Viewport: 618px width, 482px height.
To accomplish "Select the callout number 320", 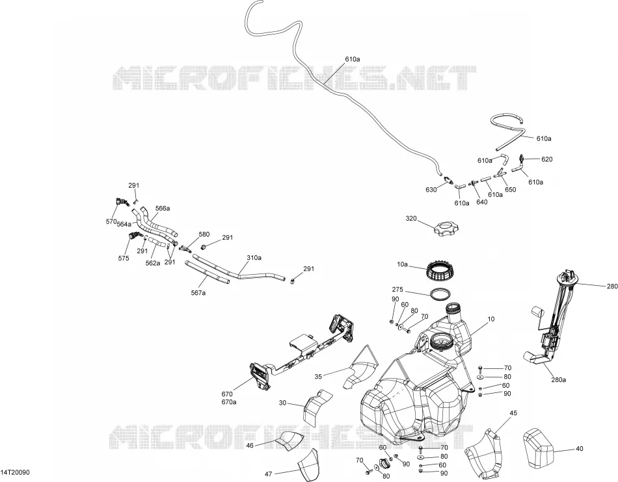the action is click(x=411, y=218).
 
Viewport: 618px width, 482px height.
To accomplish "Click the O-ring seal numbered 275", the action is click(x=440, y=295).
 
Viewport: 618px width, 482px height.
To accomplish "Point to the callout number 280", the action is click(x=612, y=286).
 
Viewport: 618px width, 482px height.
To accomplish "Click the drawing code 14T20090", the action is click(x=15, y=472).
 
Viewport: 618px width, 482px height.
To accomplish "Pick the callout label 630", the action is click(x=431, y=190).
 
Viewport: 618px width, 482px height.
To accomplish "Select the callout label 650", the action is click(x=511, y=189).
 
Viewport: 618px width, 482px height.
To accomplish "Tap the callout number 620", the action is click(x=547, y=159).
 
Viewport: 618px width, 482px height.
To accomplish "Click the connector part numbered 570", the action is click(x=122, y=201).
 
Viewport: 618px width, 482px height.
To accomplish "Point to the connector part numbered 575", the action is click(x=135, y=236).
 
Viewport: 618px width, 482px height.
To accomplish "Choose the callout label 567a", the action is click(x=198, y=293).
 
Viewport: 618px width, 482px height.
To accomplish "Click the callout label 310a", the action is click(x=254, y=258).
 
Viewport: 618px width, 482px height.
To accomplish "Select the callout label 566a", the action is click(x=163, y=208).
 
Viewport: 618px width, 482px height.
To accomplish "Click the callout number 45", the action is click(x=513, y=413).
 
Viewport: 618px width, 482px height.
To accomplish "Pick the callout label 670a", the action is click(x=229, y=401).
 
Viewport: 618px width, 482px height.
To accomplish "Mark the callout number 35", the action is click(x=318, y=377).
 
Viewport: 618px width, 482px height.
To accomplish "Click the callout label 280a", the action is click(x=559, y=380).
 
